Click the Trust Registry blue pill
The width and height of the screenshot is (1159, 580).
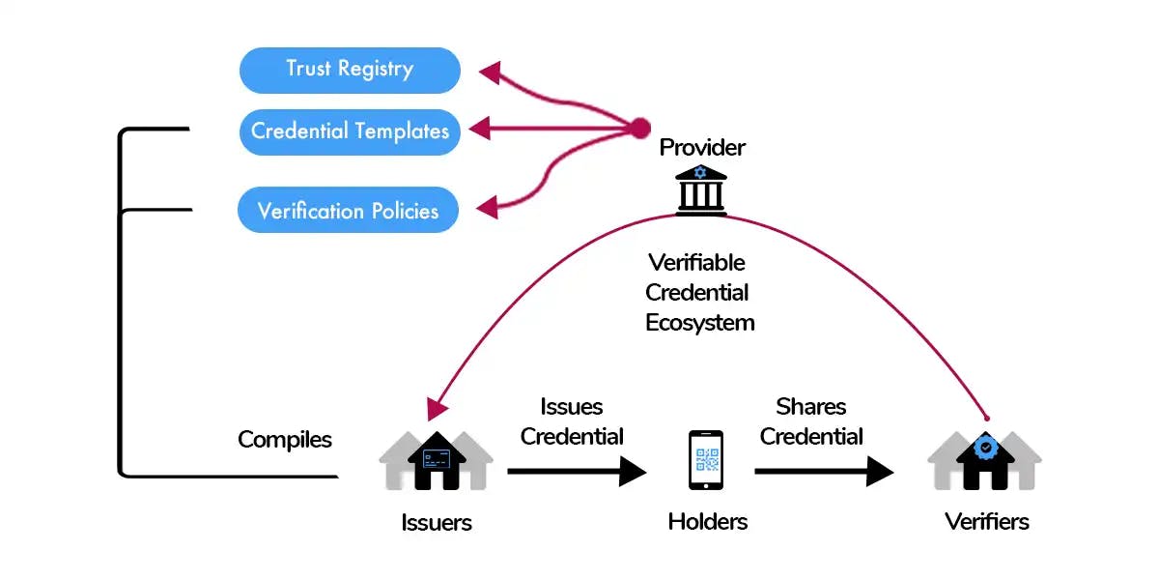coord(350,70)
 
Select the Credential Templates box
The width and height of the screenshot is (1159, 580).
coord(350,130)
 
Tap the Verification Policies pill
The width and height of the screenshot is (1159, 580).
coord(348,211)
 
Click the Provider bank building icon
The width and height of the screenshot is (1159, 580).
coord(701,188)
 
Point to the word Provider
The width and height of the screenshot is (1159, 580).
coord(702,148)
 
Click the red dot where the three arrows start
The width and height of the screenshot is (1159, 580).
coord(639,128)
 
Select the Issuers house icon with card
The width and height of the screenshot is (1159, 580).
coord(436,459)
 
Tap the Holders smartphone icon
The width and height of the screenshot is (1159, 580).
coord(706,459)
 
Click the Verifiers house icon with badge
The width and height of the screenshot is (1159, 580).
coord(985,459)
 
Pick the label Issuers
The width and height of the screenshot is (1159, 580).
coord(437,523)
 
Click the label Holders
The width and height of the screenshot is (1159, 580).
coord(708,522)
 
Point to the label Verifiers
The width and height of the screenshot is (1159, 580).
coord(986,522)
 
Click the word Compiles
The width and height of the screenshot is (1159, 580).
coord(285,440)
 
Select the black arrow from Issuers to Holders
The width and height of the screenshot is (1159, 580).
coord(577,472)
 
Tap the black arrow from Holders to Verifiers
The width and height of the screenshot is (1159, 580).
coord(824,472)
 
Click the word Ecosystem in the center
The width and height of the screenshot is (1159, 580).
coord(700,322)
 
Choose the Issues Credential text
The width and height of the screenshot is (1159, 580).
coord(572,421)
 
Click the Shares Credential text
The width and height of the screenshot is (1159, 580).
coord(811,421)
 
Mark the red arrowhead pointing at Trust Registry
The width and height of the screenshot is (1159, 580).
coord(491,72)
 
